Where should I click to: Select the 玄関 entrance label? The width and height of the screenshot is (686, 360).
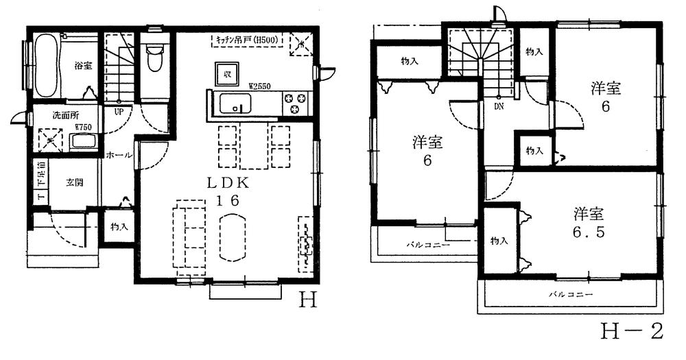[x=75, y=183]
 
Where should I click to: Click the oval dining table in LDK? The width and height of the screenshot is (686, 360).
[x=235, y=237]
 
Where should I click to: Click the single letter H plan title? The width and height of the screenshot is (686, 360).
[x=308, y=300]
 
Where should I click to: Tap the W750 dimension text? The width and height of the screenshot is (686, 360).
[x=84, y=127]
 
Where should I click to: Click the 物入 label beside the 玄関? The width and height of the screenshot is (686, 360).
[x=118, y=226]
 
